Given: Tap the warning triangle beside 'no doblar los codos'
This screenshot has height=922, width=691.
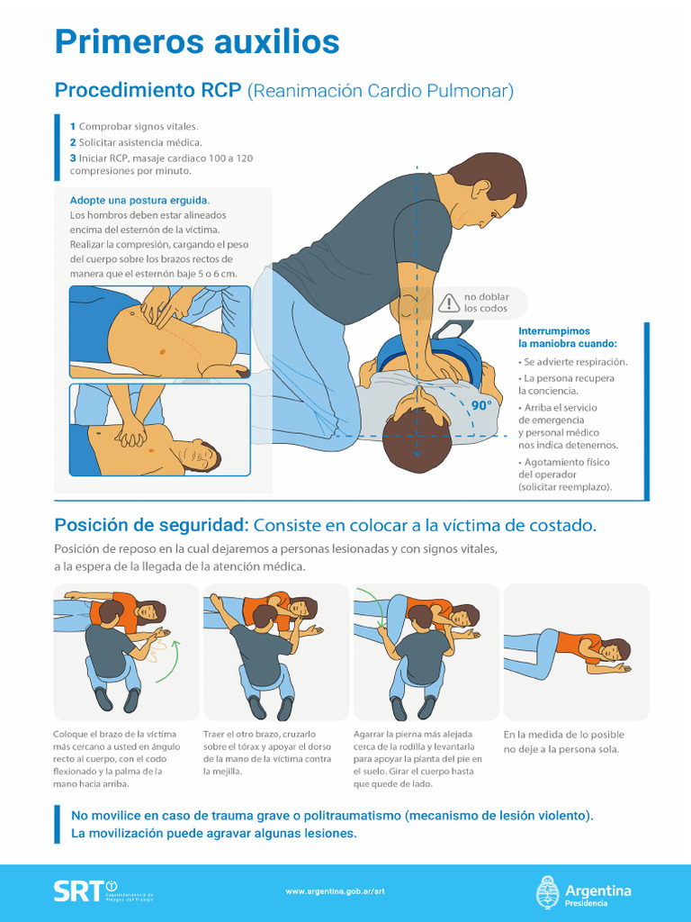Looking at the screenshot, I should [x=448, y=303].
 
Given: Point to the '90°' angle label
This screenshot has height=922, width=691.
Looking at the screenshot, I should [x=482, y=406].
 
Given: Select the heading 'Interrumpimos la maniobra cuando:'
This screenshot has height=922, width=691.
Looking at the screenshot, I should [x=568, y=338].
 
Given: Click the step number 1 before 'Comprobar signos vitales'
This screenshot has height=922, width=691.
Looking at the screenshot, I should [x=73, y=126].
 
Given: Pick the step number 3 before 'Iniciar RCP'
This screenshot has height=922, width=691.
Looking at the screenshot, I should [x=73, y=158].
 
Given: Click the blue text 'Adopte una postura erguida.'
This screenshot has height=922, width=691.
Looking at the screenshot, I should [x=139, y=200].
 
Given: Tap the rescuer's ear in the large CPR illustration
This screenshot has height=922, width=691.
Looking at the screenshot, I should [x=481, y=190].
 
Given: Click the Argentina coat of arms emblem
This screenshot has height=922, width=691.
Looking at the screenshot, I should [x=548, y=891].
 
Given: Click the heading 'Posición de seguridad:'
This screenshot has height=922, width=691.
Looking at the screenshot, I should [x=151, y=525].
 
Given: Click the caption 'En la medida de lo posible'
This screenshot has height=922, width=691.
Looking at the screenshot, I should [x=563, y=735].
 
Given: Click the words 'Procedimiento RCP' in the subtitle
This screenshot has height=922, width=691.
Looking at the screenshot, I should [x=148, y=91].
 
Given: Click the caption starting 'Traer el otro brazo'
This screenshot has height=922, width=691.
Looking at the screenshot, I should [x=267, y=734].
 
